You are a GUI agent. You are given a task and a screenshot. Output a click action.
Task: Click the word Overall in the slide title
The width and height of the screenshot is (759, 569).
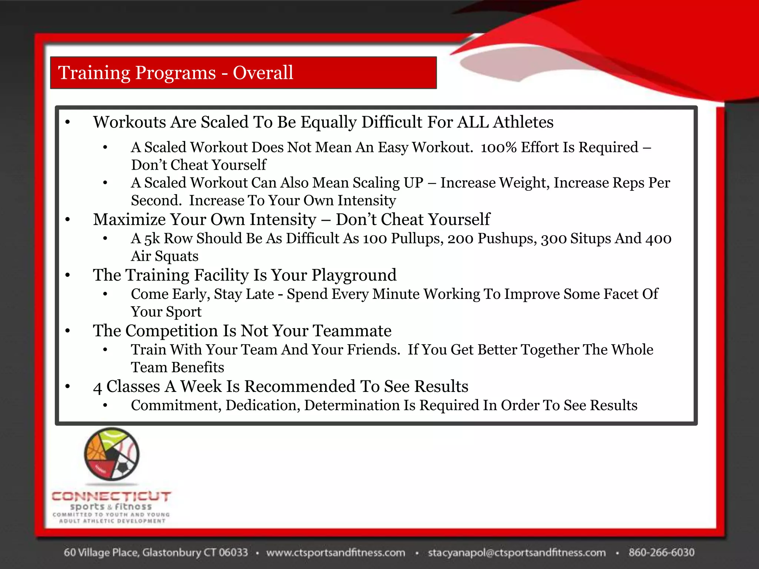click(263, 73)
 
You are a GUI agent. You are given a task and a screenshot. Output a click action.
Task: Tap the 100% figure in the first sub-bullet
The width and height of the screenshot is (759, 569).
click(498, 147)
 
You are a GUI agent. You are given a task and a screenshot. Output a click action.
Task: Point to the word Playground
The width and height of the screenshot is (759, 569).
click(354, 275)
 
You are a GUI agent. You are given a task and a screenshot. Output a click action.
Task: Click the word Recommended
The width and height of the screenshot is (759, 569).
click(300, 386)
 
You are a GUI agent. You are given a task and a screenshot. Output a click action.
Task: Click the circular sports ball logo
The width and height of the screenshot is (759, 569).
click(112, 454)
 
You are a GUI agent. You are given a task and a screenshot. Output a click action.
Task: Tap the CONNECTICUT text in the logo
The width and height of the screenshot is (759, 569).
click(111, 496)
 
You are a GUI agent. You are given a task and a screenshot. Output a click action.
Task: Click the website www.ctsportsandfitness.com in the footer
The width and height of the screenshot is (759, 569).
click(335, 553)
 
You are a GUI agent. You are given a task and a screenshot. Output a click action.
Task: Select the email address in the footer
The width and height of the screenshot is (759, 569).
click(517, 553)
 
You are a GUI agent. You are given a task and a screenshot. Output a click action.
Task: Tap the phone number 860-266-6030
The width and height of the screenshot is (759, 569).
click(661, 553)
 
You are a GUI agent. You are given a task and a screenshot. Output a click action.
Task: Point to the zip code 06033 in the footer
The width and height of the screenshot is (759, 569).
click(233, 553)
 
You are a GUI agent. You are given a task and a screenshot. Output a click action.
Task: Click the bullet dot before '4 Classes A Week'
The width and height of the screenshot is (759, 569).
click(67, 387)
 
